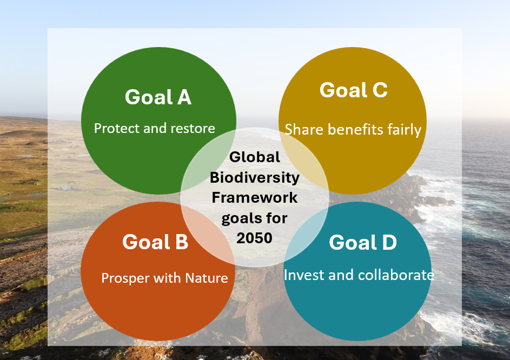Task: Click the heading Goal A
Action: click(x=158, y=97)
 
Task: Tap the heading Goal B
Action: click(x=155, y=242)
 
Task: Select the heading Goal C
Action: click(x=354, y=90)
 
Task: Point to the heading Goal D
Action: click(x=363, y=242)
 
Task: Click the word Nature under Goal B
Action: click(x=207, y=278)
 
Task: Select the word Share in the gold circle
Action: click(x=304, y=129)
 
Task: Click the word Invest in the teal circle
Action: click(x=304, y=275)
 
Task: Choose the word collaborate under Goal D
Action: click(x=396, y=275)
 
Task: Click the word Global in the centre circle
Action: click(x=254, y=157)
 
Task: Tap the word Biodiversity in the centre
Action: click(x=255, y=177)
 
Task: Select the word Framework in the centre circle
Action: click(x=255, y=197)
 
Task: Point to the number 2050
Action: click(x=254, y=238)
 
